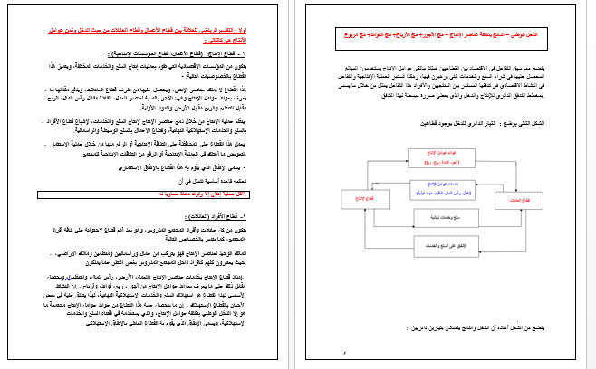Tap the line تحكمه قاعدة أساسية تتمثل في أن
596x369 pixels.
pos(236,182)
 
